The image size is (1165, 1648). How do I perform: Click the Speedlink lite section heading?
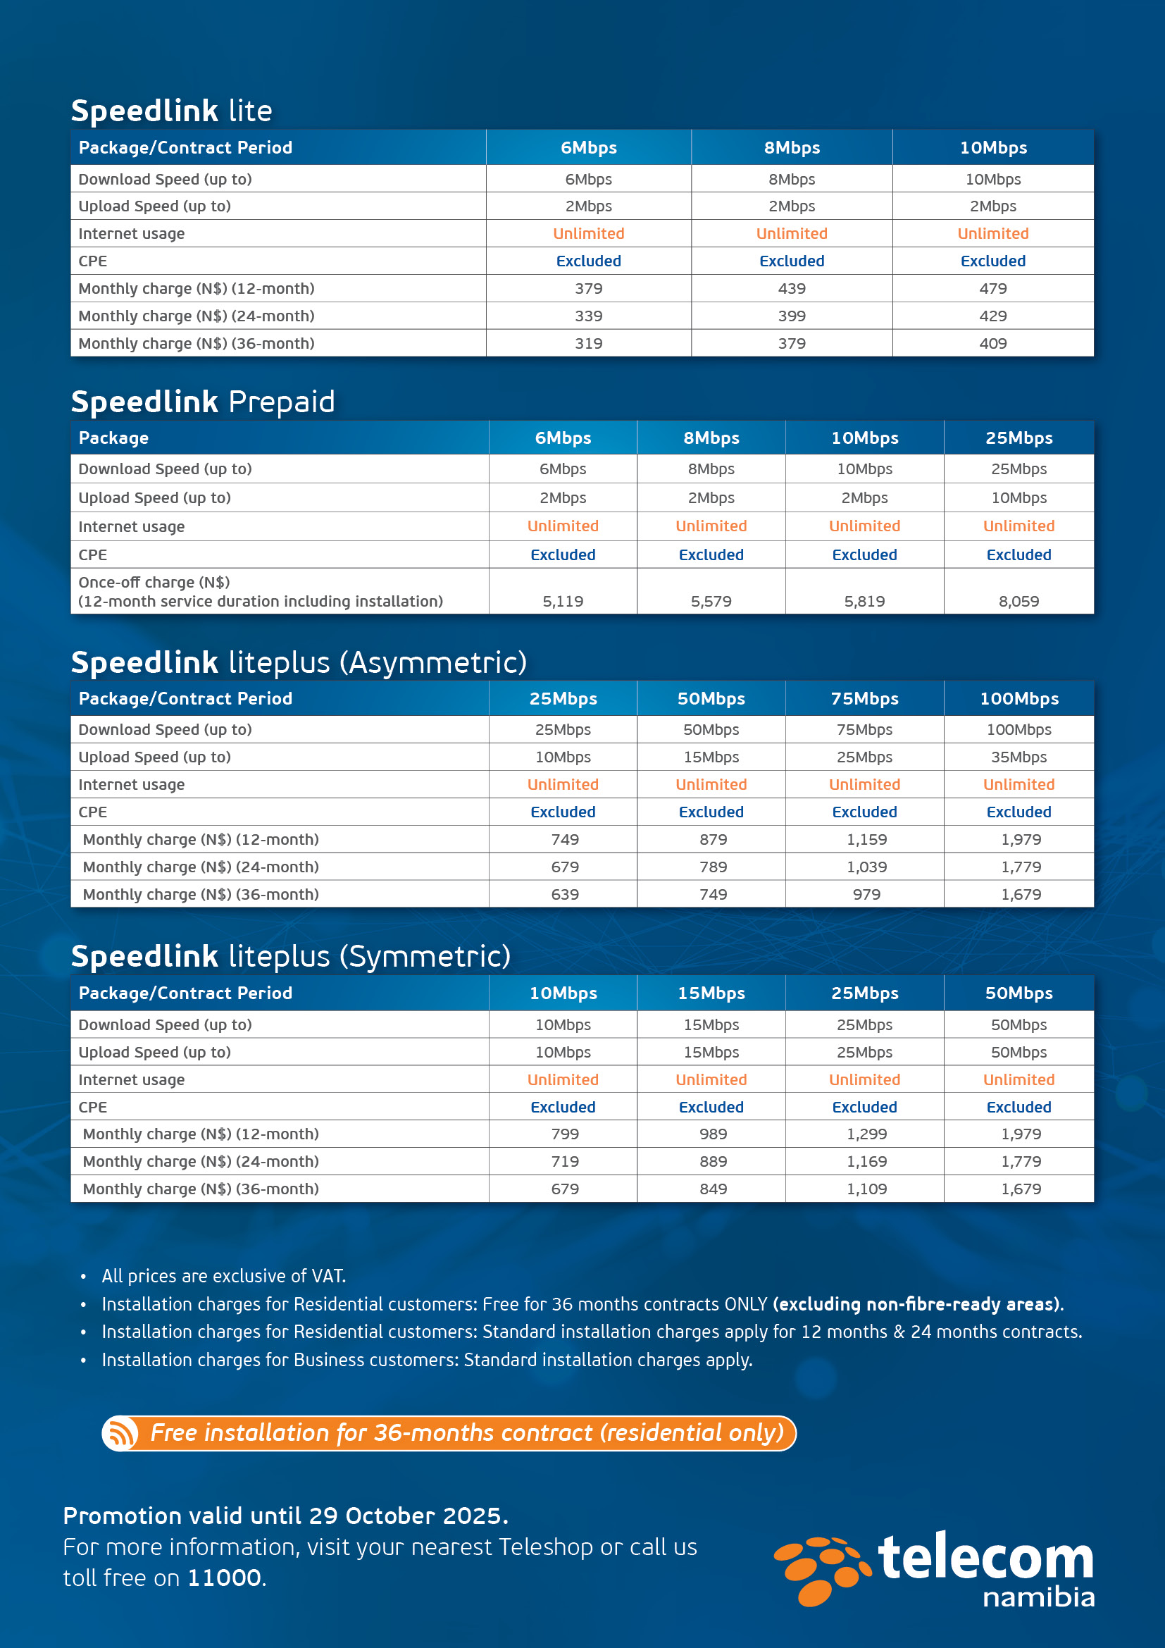(x=171, y=111)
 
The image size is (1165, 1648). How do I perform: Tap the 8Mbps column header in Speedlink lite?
(x=791, y=148)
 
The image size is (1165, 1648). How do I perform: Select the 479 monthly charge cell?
(x=993, y=289)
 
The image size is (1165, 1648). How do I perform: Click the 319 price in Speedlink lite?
(x=588, y=344)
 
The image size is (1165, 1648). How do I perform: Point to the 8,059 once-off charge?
(x=1018, y=602)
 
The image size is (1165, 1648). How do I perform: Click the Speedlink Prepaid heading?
(x=203, y=402)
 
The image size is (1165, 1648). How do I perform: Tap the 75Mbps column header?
(x=864, y=699)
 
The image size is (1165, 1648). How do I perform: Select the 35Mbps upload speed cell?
(x=1018, y=757)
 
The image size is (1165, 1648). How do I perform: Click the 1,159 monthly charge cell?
(x=866, y=840)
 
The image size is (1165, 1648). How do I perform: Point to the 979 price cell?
(x=866, y=895)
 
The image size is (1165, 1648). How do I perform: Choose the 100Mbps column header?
(x=1018, y=699)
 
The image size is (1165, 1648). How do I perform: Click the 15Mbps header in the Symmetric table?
(x=711, y=993)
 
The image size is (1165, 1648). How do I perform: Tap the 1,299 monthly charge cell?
(x=866, y=1134)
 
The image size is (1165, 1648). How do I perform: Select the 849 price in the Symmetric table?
(x=713, y=1189)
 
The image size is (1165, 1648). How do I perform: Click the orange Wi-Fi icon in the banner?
(x=120, y=1433)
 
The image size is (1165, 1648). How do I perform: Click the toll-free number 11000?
(x=225, y=1578)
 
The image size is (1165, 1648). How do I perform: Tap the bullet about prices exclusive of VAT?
(x=224, y=1276)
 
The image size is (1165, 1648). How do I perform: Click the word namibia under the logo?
(x=1038, y=1598)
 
